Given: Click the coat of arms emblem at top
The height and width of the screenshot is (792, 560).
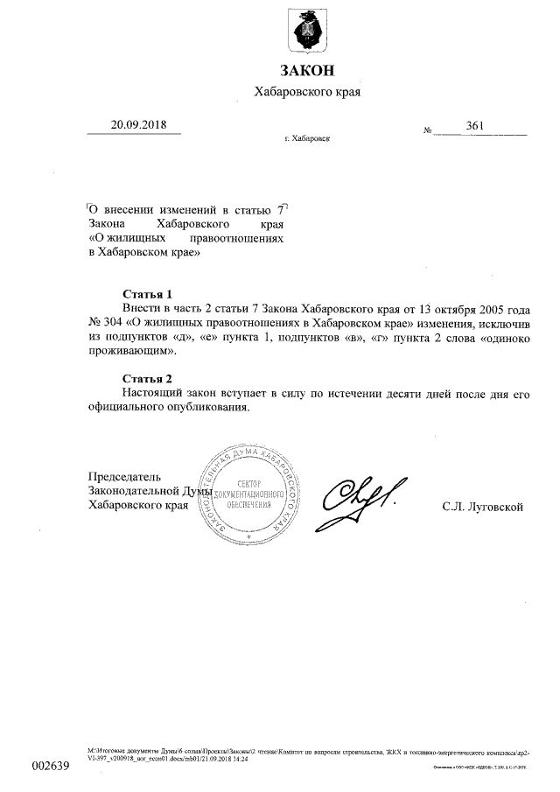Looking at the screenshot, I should [307, 29].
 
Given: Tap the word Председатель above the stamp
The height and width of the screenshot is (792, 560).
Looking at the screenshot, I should [125, 477].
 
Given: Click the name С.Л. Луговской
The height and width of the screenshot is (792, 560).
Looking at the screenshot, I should [483, 507].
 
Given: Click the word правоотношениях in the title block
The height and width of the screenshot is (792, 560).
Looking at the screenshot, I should [242, 239].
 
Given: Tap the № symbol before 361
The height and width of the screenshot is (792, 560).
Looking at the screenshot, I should [429, 130].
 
